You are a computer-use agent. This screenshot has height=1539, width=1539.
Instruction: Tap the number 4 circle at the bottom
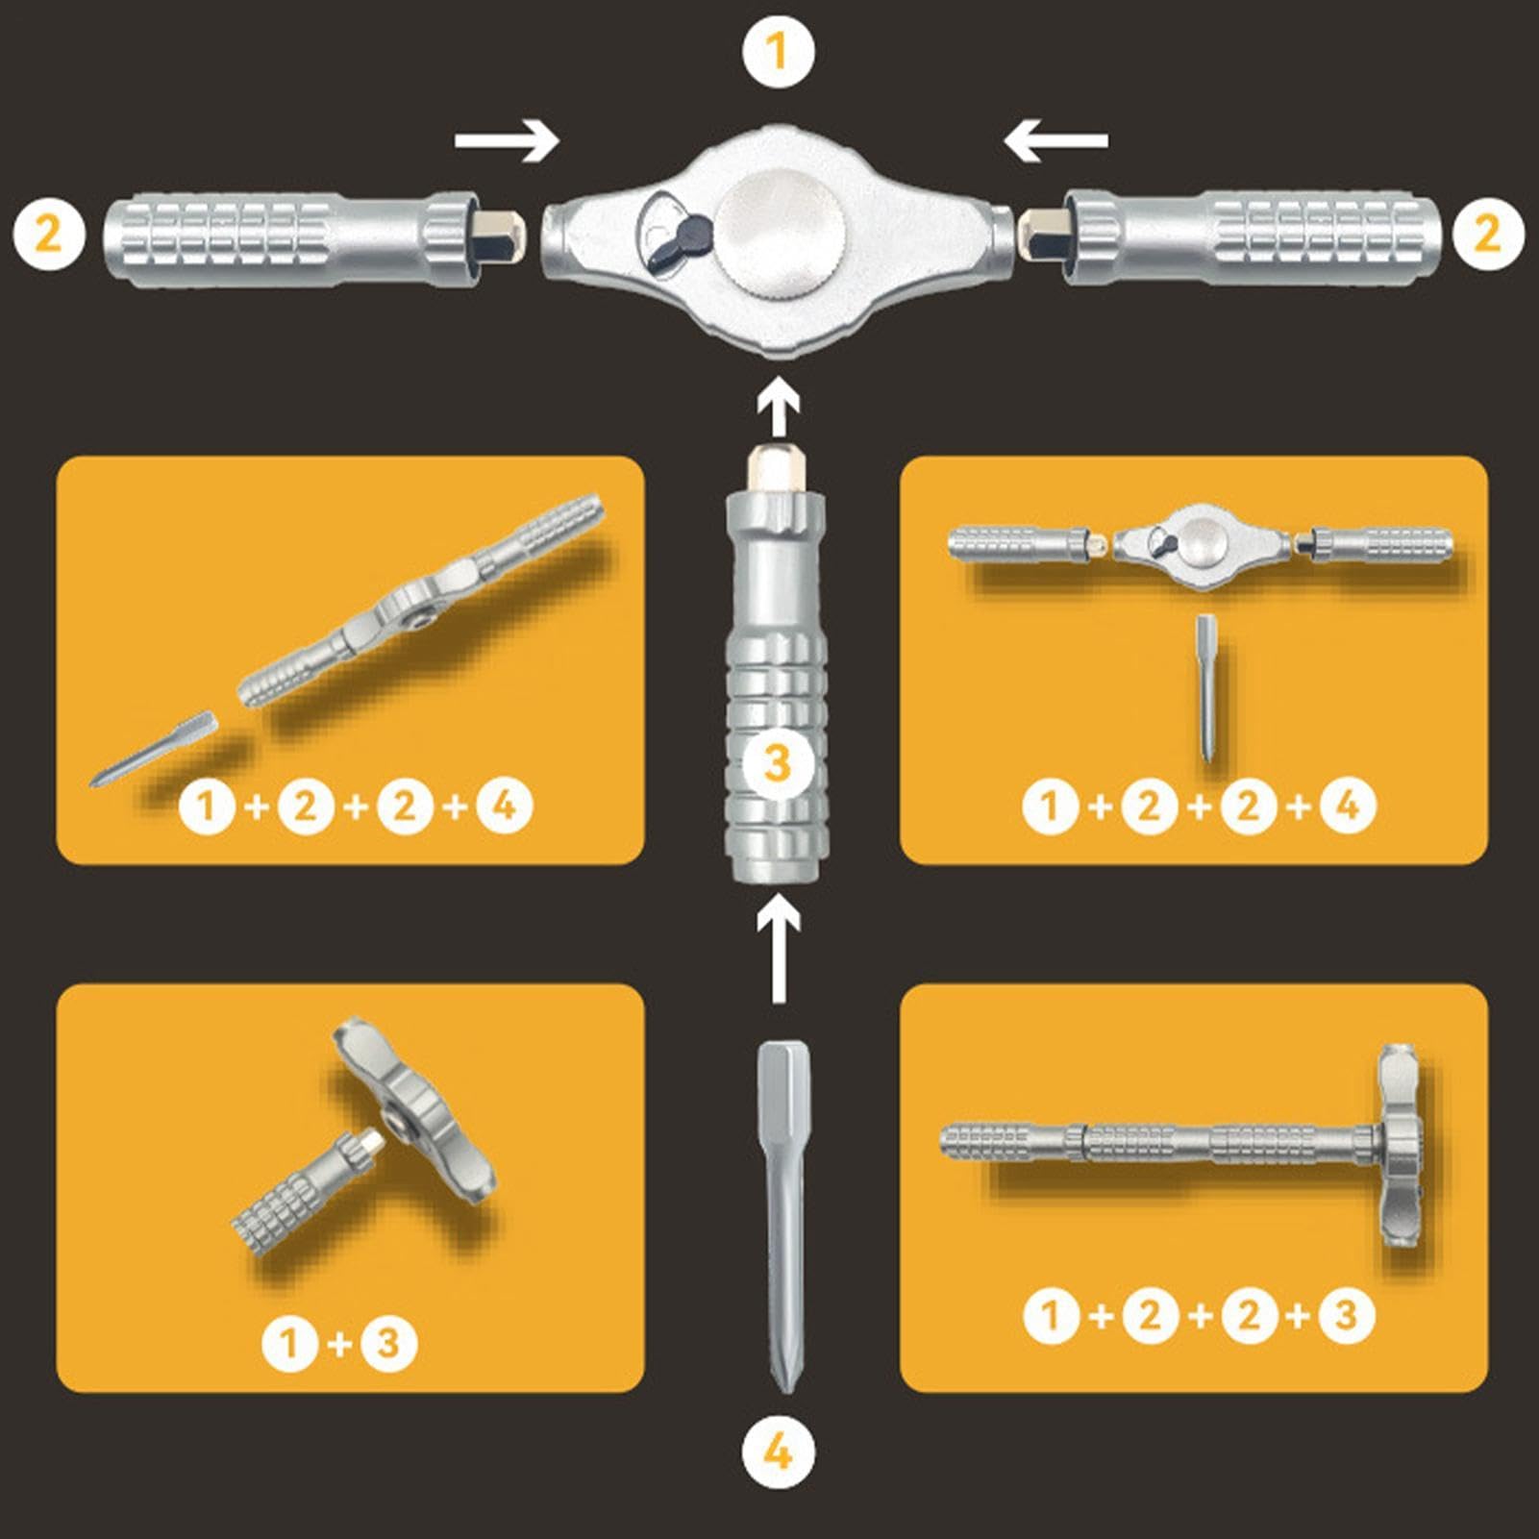click(x=778, y=1452)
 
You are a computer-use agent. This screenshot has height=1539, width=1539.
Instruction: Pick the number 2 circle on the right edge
click(x=1488, y=234)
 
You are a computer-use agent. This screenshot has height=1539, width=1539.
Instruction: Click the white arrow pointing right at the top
click(x=507, y=141)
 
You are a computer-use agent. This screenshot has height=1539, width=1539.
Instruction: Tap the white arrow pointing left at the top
click(x=1055, y=141)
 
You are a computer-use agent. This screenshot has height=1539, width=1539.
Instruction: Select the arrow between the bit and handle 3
click(x=779, y=952)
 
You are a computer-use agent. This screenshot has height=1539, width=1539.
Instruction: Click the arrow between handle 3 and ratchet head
click(x=779, y=407)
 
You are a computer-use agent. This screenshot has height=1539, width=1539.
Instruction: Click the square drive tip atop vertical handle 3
click(x=777, y=469)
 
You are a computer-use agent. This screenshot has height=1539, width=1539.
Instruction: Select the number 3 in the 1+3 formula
click(x=388, y=1342)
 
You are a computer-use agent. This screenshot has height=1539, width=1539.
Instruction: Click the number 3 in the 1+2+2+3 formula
click(x=1346, y=1315)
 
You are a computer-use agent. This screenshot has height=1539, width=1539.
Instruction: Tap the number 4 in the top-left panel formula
click(x=505, y=806)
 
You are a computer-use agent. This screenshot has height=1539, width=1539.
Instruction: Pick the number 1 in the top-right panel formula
click(x=1051, y=806)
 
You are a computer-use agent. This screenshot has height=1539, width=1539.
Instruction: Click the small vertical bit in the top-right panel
click(x=1207, y=688)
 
